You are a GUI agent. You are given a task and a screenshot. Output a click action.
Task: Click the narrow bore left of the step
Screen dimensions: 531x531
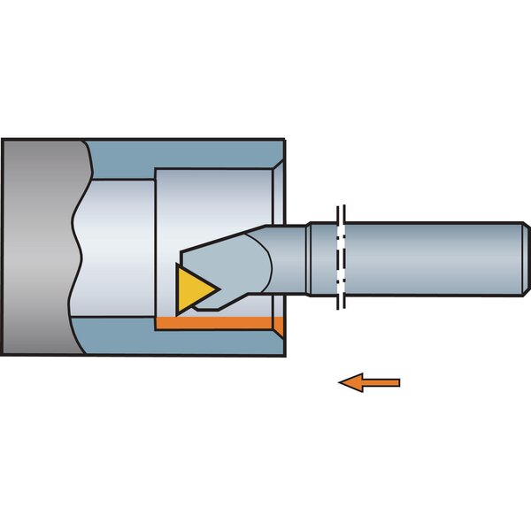[119, 248]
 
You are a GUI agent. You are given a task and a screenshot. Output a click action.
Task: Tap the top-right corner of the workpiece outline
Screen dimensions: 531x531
[284, 139]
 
